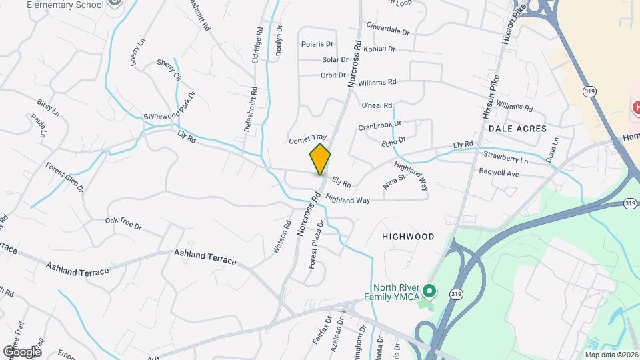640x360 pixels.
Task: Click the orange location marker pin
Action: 320,159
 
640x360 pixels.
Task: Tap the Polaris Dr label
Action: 317,44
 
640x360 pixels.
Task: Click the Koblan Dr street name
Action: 381,49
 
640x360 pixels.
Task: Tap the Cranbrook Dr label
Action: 379,125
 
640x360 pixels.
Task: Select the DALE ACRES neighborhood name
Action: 517,128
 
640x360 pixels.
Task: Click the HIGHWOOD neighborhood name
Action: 408,237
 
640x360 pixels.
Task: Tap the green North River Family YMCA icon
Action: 430,291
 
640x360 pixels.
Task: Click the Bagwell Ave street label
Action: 499,173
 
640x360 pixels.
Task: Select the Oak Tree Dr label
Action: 124,223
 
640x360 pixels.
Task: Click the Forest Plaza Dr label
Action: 316,245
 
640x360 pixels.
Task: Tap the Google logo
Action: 22,351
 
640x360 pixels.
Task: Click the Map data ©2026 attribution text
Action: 611,355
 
